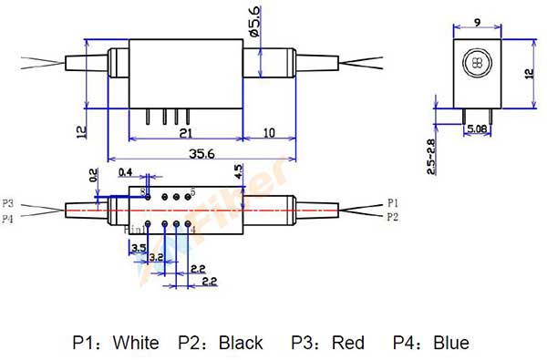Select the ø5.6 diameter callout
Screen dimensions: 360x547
(254, 20)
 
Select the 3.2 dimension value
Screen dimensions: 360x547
(156, 259)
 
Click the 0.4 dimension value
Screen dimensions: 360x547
(125, 172)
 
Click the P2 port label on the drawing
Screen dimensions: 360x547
(393, 218)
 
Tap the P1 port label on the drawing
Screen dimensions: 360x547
(393, 202)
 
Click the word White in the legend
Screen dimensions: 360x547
(136, 343)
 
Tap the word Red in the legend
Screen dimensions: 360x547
(348, 343)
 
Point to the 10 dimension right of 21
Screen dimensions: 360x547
(268, 133)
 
